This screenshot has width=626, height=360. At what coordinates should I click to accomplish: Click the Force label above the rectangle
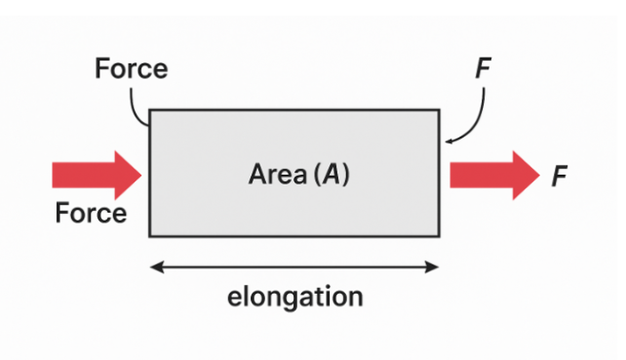pos(131,69)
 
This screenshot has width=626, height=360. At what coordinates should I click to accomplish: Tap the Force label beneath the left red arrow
pos(91,213)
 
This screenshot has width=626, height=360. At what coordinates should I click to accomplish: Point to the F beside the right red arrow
pos(559,177)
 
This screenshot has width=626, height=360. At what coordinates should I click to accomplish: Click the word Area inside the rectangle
pos(278,176)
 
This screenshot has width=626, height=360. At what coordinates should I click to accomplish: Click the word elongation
pos(294,297)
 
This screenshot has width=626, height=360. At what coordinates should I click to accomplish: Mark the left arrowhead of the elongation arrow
pos(154,263)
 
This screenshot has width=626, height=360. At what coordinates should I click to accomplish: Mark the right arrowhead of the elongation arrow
pos(435,263)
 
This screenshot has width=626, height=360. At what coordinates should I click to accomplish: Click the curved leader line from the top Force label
pos(138,105)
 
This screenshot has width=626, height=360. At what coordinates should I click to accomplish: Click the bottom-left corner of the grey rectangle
pos(149,236)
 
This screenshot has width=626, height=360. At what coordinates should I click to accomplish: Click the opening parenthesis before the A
pos(316,177)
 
